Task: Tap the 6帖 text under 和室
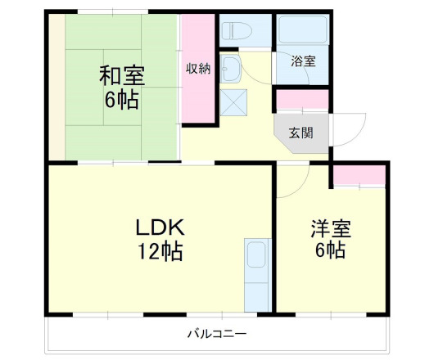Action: (x=121, y=101)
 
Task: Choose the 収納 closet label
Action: (x=197, y=69)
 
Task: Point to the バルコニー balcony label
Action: (x=216, y=333)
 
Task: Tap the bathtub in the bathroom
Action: (x=302, y=32)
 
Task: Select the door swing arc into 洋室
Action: (x=293, y=175)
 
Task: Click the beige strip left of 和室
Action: (x=55, y=86)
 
